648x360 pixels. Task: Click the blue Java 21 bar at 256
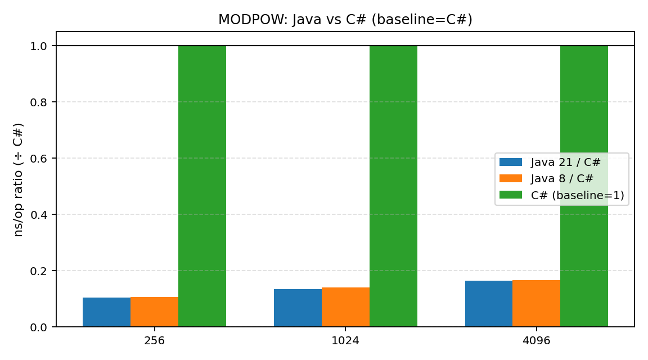click(106, 312)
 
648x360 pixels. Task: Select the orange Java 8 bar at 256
click(154, 312)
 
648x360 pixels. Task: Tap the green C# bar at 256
click(202, 186)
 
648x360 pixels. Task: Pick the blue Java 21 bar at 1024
click(298, 308)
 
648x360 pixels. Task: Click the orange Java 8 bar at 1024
click(345, 307)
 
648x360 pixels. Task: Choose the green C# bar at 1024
click(393, 186)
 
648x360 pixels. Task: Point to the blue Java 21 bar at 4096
click(489, 304)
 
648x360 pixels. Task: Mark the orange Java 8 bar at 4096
click(536, 303)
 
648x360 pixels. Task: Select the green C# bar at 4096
click(584, 186)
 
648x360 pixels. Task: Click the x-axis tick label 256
click(154, 341)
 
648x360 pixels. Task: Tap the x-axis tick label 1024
click(345, 341)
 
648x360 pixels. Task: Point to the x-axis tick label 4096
click(536, 341)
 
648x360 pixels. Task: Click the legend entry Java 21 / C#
click(565, 163)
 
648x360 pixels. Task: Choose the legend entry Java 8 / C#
click(562, 179)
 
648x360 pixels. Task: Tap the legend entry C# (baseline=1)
click(577, 195)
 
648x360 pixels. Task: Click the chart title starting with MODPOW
click(345, 20)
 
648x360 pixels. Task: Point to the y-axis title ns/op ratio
click(19, 179)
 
